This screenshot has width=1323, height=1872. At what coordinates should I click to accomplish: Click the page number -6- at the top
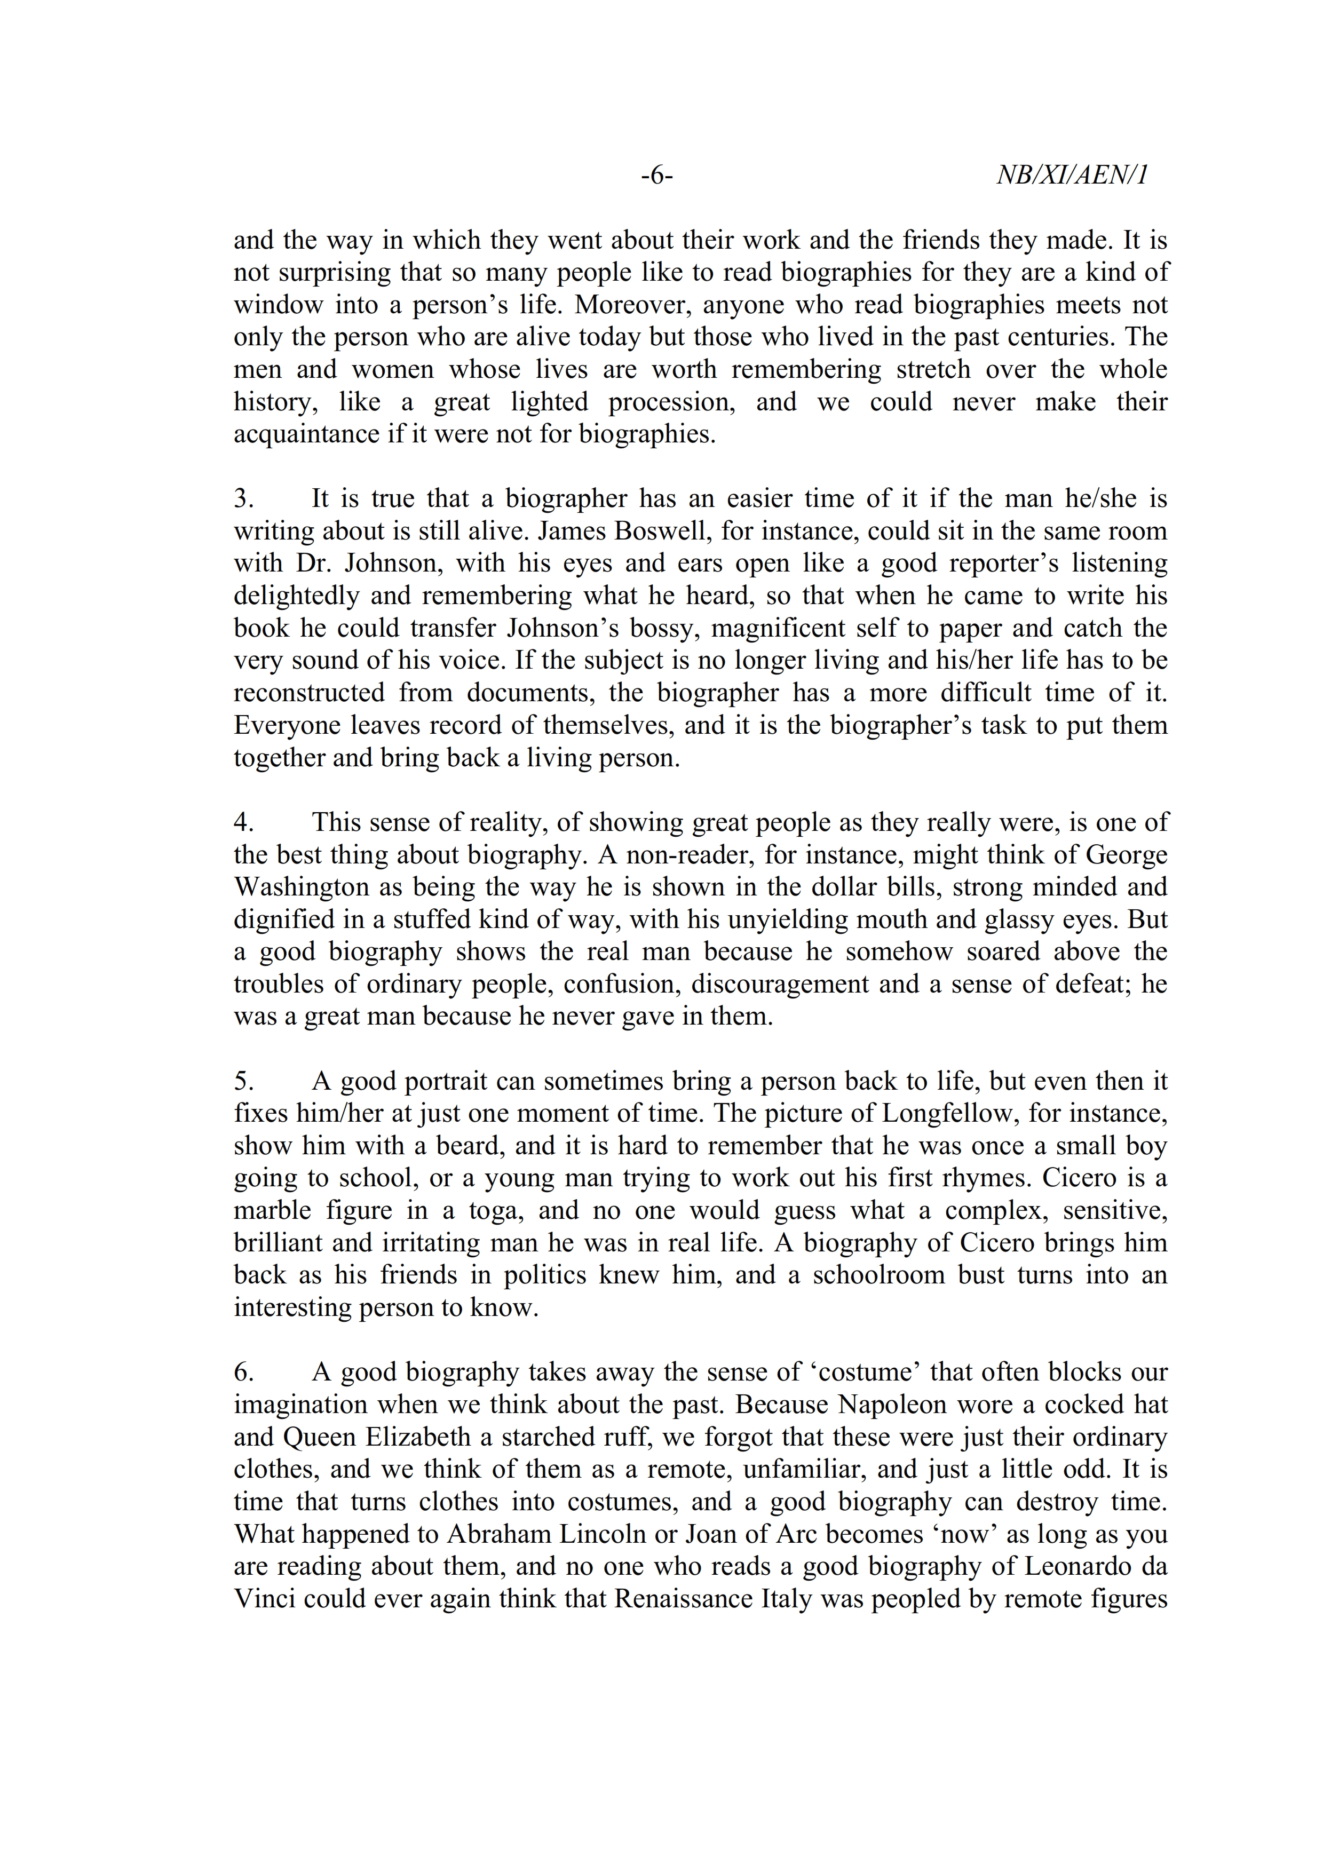point(656,175)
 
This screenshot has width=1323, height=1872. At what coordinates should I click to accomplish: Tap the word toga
point(494,1211)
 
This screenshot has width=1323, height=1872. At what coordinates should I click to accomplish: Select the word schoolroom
point(878,1275)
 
